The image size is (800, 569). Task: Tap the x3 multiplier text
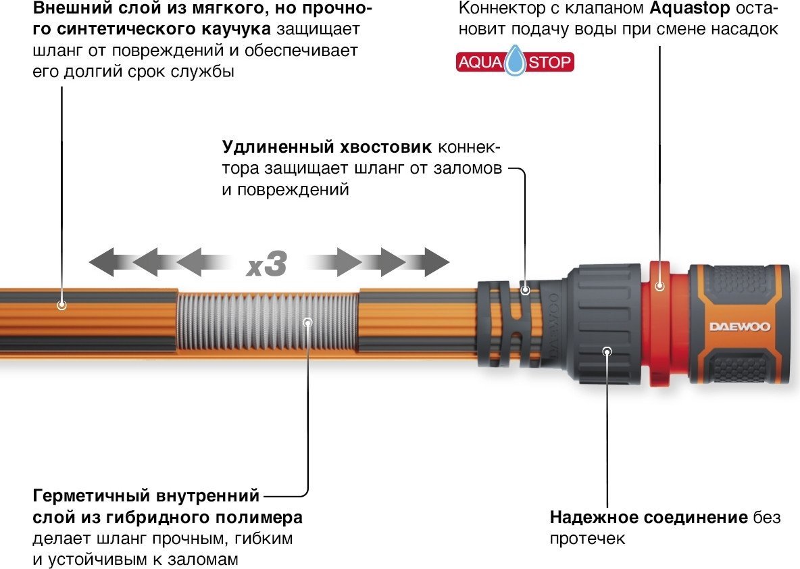coord(267,264)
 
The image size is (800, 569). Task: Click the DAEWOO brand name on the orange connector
coord(739,327)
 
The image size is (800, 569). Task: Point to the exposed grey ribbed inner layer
coord(267,322)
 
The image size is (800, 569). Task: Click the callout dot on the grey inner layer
coord(308,322)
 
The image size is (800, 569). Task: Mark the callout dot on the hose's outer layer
coord(61,305)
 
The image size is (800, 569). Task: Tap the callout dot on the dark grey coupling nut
coord(607,351)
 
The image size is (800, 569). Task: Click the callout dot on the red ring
coord(658,287)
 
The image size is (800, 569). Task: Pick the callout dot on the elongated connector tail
coord(525,289)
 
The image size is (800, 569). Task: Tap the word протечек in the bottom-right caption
coord(587,539)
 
